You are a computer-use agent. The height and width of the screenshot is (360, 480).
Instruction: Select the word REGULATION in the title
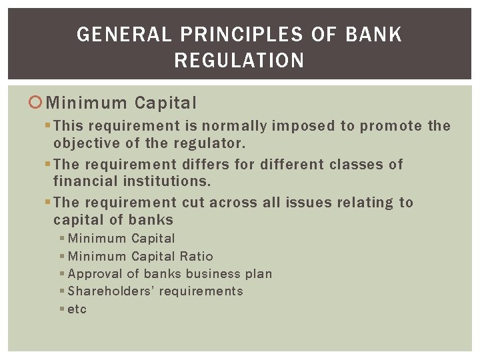click(239, 61)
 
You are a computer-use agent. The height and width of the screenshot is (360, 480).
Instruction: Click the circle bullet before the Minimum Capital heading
click(37, 103)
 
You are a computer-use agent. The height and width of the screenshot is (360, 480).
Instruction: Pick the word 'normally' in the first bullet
click(236, 126)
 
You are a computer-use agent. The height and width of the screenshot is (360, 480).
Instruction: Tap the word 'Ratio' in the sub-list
click(197, 256)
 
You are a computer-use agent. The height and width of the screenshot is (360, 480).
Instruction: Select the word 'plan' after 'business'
click(259, 274)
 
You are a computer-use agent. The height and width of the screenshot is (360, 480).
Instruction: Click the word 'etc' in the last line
click(77, 309)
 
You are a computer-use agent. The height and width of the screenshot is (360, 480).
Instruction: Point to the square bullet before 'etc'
click(62, 309)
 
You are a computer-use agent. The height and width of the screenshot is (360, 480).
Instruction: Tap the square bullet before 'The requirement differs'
click(47, 165)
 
